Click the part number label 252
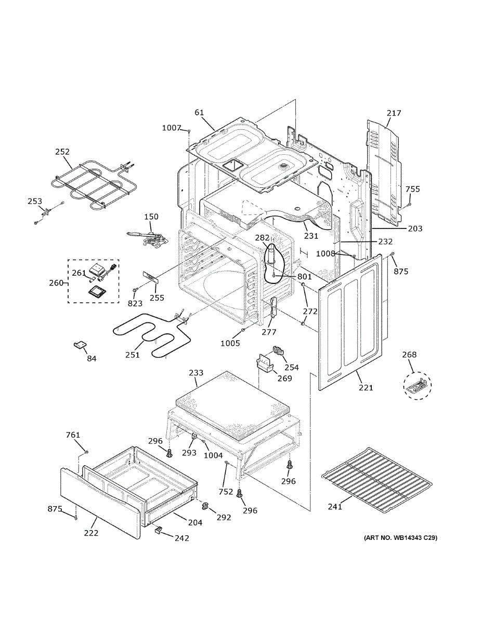coord(62,152)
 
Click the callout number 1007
coord(172,128)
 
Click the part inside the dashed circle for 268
coord(417,385)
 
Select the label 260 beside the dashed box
coord(56,283)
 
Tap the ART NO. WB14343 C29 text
coord(400,538)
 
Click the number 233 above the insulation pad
coord(196,372)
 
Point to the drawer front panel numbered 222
coord(100,503)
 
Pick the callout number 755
coord(412,189)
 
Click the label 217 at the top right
coord(394,113)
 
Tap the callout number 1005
coord(230,343)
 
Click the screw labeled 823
coord(134,290)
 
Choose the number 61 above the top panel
coord(199,112)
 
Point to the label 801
coord(304,276)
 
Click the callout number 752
coord(226,492)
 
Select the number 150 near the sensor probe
coord(151,216)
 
